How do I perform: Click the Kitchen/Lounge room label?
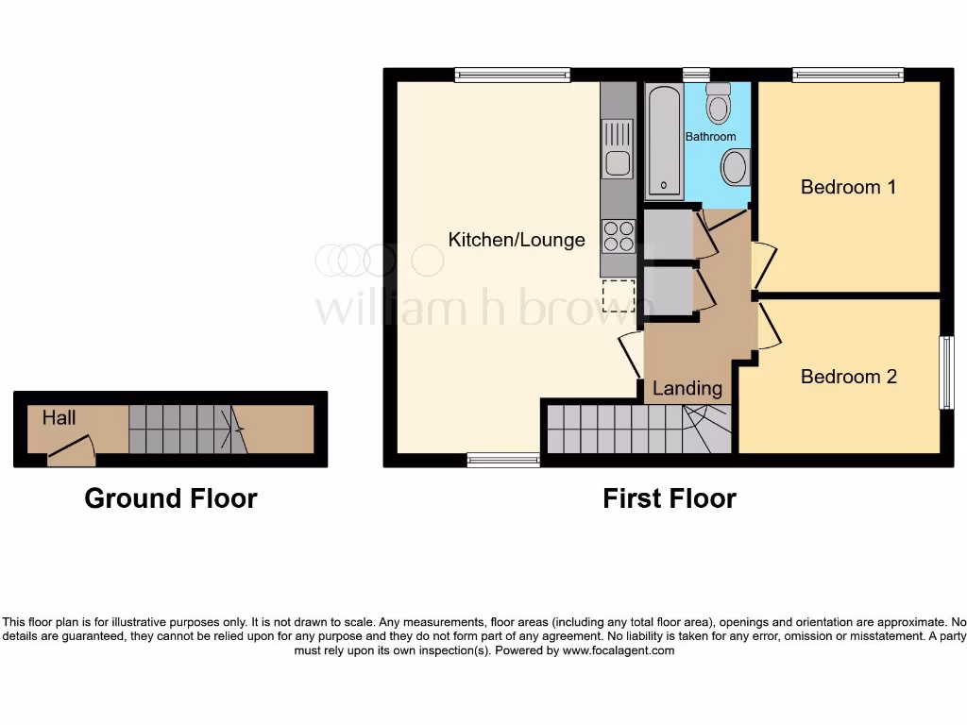[x=516, y=240]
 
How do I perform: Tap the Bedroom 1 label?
[x=848, y=187]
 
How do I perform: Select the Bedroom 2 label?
[x=848, y=377]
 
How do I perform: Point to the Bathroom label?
[x=710, y=137]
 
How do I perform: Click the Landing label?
[x=687, y=388]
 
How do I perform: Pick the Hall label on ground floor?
[x=59, y=416]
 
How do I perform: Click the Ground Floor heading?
[x=171, y=498]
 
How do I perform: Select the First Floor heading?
[x=670, y=498]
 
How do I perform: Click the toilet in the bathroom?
[x=720, y=104]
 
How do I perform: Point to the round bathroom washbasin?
[x=734, y=170]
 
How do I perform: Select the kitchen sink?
[x=618, y=163]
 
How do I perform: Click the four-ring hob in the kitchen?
[x=618, y=235]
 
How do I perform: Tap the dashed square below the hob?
[x=618, y=295]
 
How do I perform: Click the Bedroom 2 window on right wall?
[x=946, y=373]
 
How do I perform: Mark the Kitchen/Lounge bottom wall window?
[x=503, y=460]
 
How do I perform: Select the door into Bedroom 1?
[x=765, y=266]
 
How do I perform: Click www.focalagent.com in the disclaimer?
[x=619, y=650]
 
